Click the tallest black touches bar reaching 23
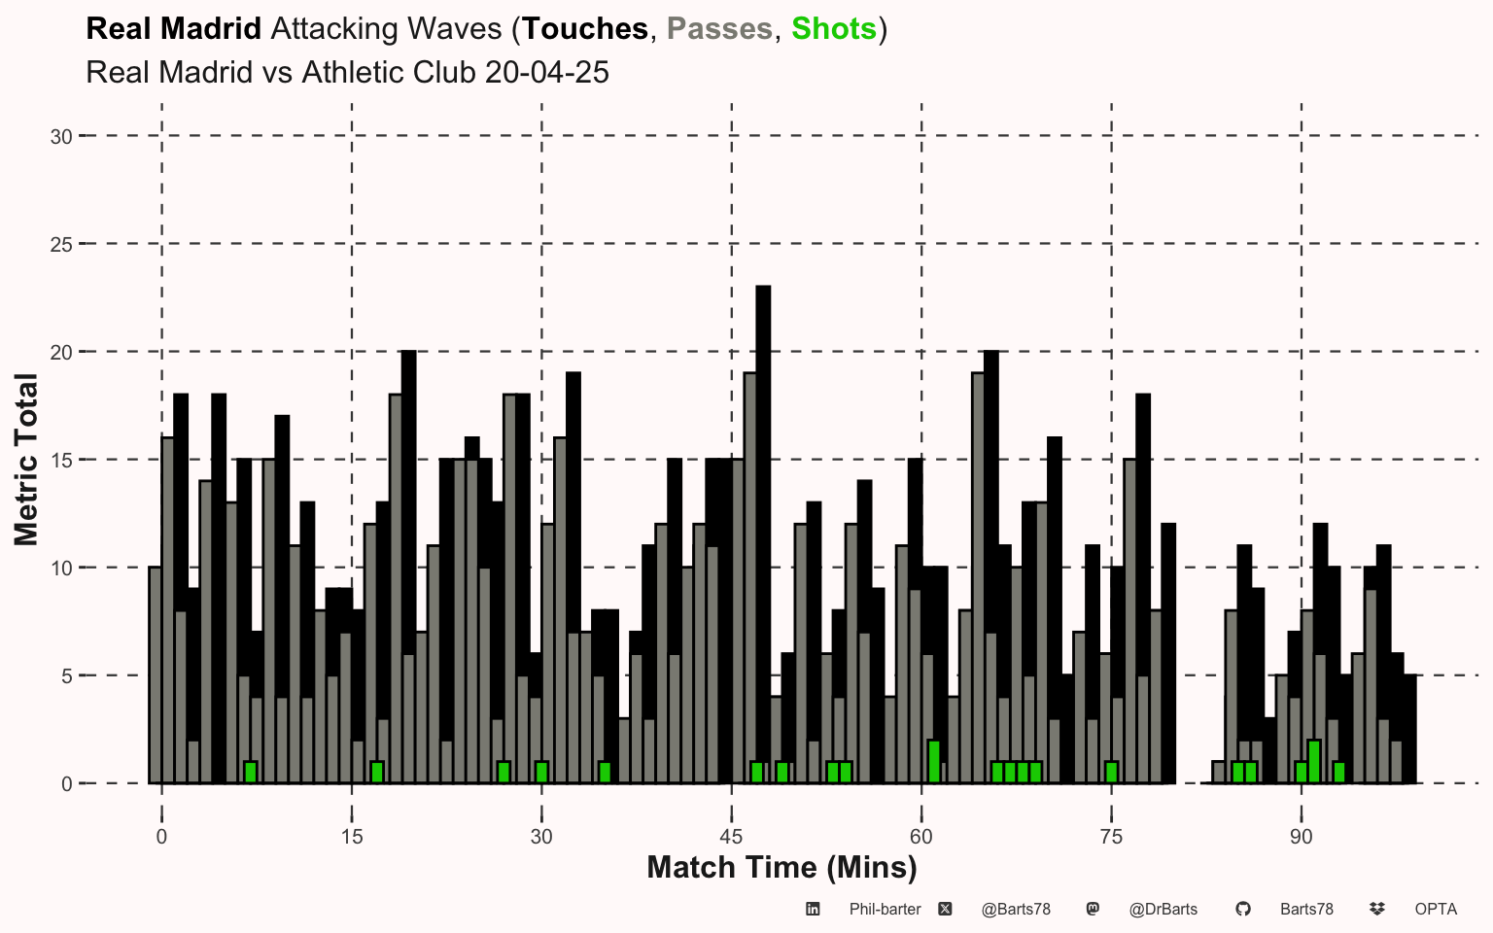763,534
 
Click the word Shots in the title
834,28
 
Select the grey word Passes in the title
719,28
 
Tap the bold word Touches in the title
585,28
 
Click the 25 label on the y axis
61,245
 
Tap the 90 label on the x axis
1302,836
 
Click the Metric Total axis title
26,460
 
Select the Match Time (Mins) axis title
781,867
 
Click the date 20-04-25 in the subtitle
546,72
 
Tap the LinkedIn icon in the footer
813,909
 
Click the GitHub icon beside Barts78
1243,909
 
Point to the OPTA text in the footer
1436,909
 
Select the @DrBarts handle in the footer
1163,909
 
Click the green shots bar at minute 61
934,761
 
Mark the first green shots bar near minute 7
251,773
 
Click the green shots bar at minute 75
1111,773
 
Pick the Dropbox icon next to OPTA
1377,909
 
